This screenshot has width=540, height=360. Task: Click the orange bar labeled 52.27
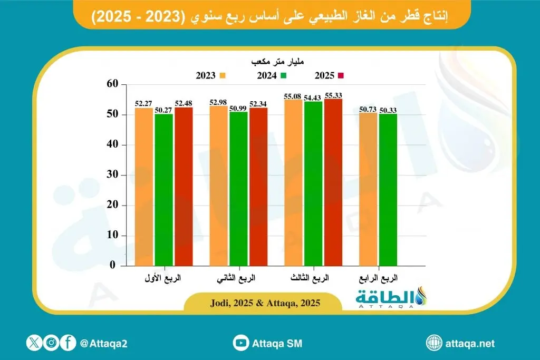tap(144, 187)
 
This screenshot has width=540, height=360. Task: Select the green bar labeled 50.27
tap(163, 190)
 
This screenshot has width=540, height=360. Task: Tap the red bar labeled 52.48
tap(184, 187)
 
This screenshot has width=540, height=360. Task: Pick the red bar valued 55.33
tap(333, 182)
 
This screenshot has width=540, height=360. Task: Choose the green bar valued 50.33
tap(388, 190)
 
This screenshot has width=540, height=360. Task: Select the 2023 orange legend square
tap(223, 75)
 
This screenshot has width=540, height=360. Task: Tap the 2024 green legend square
tap(283, 75)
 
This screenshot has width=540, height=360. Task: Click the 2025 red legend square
tap(341, 75)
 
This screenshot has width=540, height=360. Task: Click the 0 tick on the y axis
tap(112, 266)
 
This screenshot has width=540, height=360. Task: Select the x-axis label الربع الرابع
tap(379, 278)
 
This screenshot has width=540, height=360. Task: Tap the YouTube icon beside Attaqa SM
tap(241, 343)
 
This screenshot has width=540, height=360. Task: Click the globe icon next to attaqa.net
tap(434, 343)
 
